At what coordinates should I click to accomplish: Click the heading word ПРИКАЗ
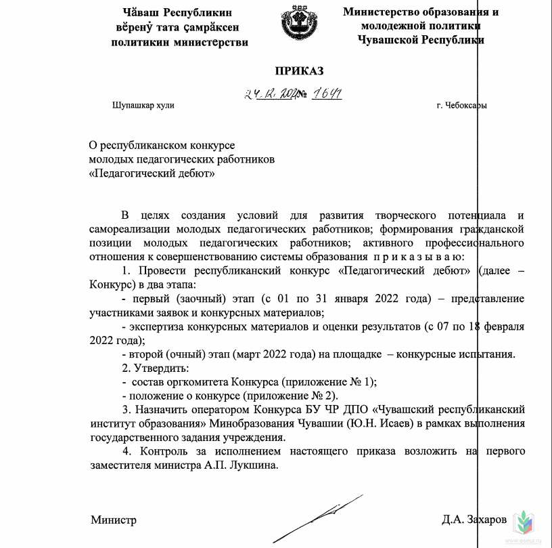coord(299,70)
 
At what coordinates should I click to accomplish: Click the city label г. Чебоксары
coord(461,106)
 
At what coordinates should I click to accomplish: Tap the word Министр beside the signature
coord(114,520)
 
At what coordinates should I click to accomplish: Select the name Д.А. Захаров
coord(474,520)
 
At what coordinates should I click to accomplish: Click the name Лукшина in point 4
coord(256,465)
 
